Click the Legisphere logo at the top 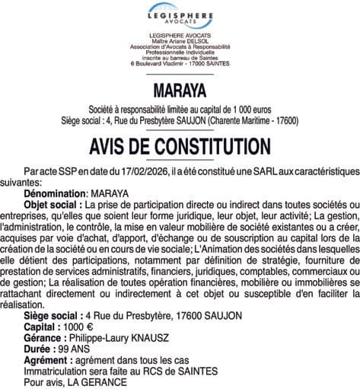tap(180, 14)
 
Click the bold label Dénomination tap(55, 194)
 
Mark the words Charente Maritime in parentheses tap(237, 120)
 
